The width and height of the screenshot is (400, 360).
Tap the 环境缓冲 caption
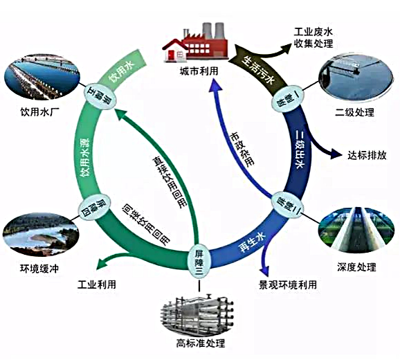point(36,267)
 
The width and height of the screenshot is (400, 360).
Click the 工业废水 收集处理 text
point(313,38)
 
